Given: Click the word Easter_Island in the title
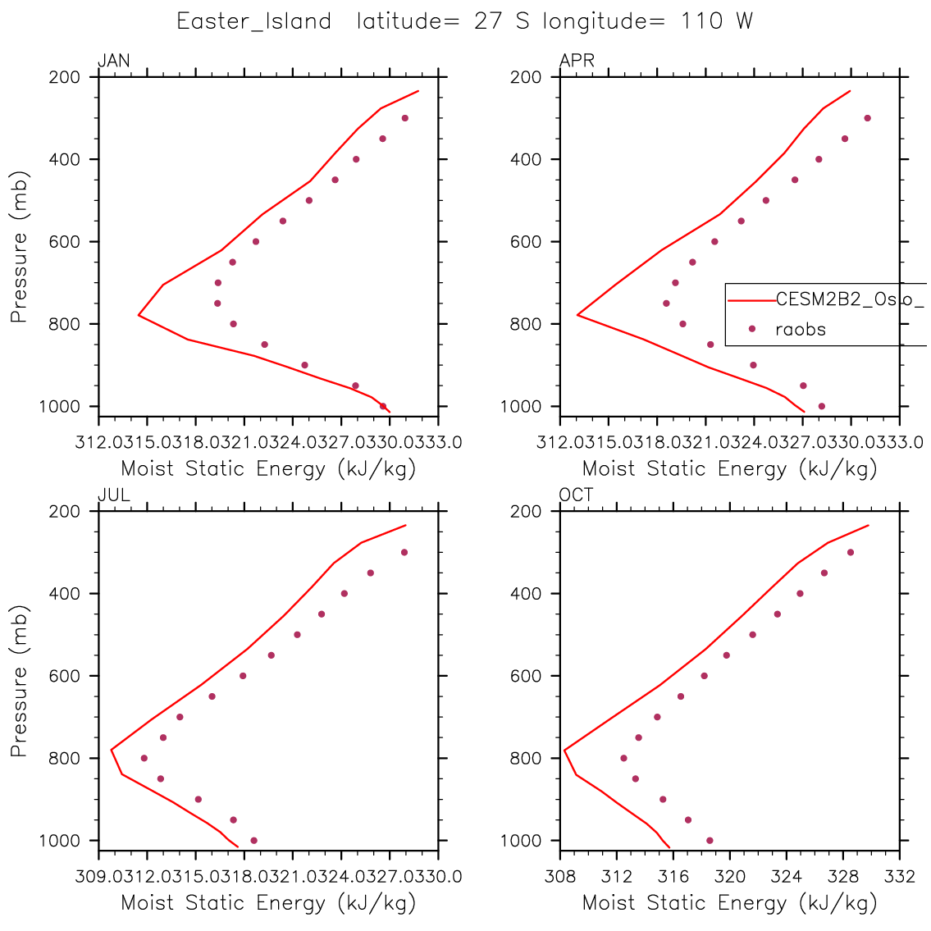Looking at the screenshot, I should pos(254,22).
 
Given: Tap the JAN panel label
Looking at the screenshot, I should pos(113,61).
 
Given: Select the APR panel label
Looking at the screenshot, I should pos(577,61).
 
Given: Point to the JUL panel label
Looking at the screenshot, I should pos(113,495).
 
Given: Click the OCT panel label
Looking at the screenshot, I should pos(577,495).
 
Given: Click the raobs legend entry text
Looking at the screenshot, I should pos(801,330).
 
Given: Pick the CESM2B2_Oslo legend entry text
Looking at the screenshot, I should pos(850,300).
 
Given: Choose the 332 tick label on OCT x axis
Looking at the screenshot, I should pos(900,876).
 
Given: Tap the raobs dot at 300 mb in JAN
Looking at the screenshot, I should pos(404,118).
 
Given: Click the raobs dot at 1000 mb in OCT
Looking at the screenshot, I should pos(710,840).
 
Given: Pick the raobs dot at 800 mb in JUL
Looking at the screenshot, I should pos(144,758).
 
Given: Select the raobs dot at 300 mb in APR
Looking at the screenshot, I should pos(867,118).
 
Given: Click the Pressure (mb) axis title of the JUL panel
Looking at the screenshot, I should pos(20,681).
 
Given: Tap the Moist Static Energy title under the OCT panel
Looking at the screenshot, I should pos(729,904).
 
